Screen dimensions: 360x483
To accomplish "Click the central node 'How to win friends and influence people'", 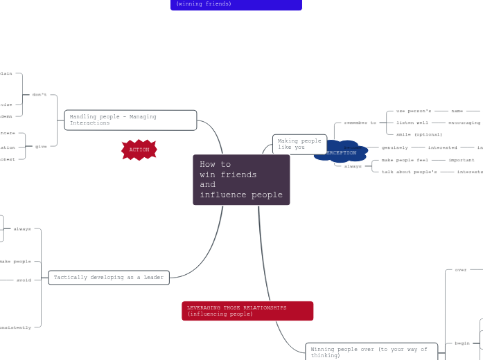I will pos(241,179).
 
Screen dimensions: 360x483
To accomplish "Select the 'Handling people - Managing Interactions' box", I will pos(130,120).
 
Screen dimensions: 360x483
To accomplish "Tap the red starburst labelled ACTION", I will pos(139,150).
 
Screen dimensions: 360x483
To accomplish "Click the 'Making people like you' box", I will pos(299,144).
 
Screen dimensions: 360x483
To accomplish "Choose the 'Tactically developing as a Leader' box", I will pos(109,278).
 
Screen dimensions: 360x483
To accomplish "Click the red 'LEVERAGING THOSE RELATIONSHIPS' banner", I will pos(247,311).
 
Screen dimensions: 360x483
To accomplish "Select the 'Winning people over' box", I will pos(371,352).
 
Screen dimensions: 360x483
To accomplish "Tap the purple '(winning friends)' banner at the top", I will pos(236,4).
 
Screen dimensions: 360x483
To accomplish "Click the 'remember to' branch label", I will pos(360,123).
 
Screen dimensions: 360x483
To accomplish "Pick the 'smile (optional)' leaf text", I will pos(419,134).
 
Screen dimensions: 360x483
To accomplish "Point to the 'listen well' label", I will pos(412,123).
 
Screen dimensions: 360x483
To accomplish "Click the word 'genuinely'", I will pos(395,147).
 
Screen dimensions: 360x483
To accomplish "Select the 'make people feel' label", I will pos(405,160).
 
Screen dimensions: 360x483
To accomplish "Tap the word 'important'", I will pos(462,160).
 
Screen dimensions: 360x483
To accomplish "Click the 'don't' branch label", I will pos(40,95).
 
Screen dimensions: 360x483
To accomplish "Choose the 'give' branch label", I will pos(42,146).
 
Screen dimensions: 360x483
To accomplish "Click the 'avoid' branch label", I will pos(24,280).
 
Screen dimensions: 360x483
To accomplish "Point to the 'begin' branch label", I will pos(462,343).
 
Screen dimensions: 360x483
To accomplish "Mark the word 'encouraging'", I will pos(464,123).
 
